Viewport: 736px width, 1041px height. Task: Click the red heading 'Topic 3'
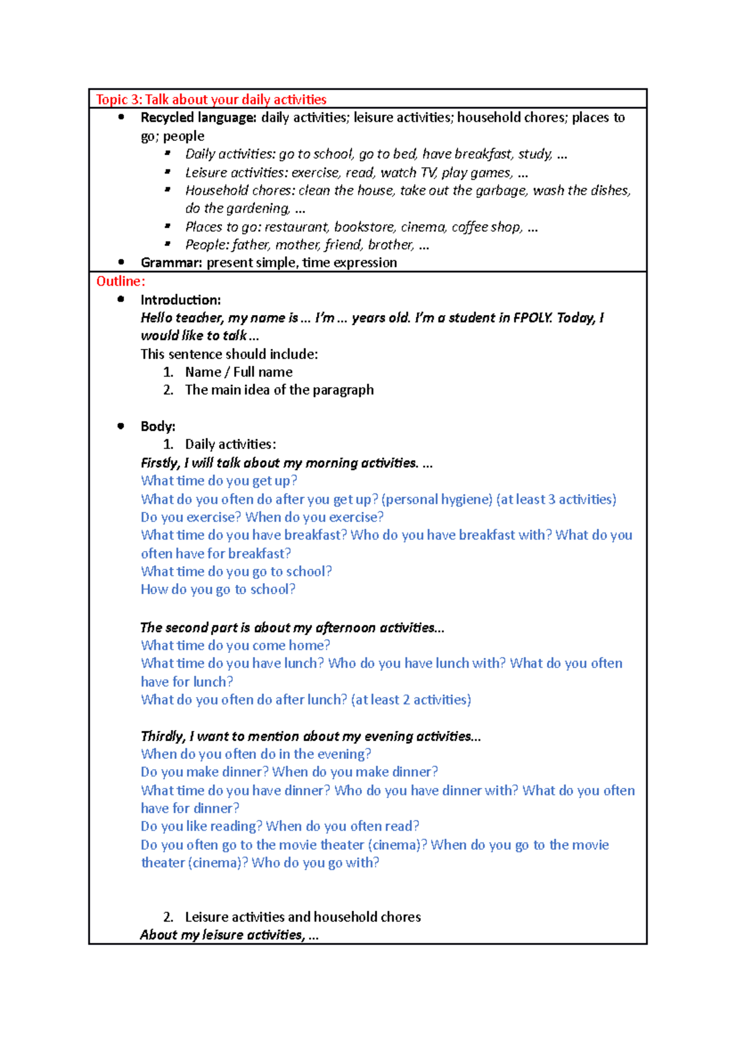[x=118, y=99]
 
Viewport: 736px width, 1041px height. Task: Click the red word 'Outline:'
[x=121, y=281]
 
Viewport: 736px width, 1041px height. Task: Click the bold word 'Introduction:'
[x=180, y=300]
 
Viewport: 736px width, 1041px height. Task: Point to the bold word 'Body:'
[x=158, y=426]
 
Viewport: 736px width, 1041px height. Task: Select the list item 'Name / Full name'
[x=239, y=372]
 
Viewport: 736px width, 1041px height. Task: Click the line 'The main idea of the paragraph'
[x=279, y=390]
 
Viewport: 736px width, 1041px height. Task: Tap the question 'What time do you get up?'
[x=219, y=481]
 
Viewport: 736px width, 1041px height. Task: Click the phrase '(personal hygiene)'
[x=436, y=499]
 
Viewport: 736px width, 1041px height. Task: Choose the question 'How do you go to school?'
[x=218, y=589]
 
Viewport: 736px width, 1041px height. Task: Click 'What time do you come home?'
[x=236, y=645]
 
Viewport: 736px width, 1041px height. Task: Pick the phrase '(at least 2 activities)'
[x=411, y=700]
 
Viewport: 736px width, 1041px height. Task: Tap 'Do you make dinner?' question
[x=204, y=772]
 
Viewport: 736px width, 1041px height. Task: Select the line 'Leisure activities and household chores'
[x=302, y=917]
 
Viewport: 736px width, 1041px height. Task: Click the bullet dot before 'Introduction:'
[x=121, y=299]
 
